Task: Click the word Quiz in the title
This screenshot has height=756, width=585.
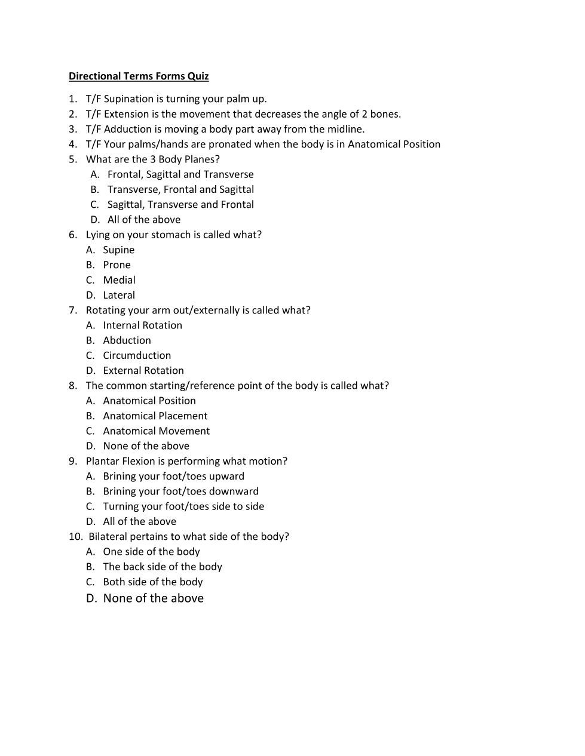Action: tap(198, 76)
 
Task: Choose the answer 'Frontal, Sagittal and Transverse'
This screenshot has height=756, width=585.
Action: tap(180, 174)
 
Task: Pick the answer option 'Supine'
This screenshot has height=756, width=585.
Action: tap(118, 250)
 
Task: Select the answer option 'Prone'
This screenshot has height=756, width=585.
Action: tap(117, 265)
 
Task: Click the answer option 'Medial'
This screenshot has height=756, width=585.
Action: tap(119, 280)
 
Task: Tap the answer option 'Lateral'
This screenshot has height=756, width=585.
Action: tap(119, 295)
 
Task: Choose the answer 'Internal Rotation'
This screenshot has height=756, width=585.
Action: tap(142, 325)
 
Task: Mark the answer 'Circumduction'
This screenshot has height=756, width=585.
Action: tap(137, 355)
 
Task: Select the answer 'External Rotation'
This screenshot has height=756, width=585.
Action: tap(143, 371)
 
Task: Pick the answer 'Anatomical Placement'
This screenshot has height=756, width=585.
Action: tap(155, 416)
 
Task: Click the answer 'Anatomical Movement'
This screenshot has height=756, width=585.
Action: tap(156, 431)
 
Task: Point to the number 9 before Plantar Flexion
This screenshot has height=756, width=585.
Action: tap(72, 461)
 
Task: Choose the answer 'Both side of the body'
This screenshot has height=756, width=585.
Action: tap(153, 582)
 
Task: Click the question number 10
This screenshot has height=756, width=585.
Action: tap(75, 536)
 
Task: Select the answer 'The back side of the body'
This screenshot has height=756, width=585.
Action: tap(163, 567)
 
